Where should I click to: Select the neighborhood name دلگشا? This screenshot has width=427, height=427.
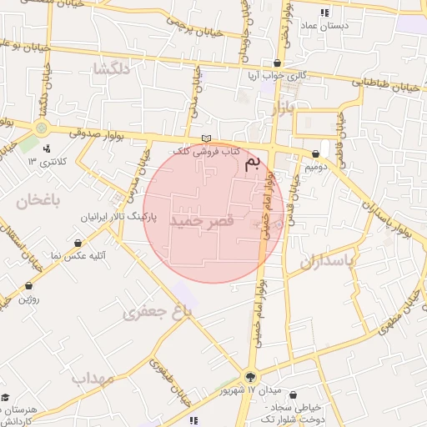pos(111,68)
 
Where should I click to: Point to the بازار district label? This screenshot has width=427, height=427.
pos(285,109)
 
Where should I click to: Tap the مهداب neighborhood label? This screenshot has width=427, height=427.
pos(92,378)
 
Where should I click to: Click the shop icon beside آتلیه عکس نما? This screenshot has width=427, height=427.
pos(78,244)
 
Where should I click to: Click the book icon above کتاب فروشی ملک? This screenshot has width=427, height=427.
pos(207,138)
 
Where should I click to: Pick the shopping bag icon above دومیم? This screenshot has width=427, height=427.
pos(315,154)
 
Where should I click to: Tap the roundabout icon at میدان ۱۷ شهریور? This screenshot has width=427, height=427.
pos(252,376)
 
